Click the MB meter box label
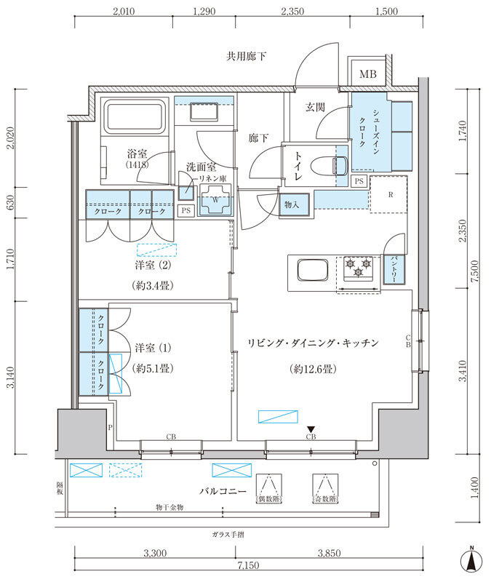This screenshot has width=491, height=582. (x=368, y=74)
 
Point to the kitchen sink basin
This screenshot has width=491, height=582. (x=313, y=271)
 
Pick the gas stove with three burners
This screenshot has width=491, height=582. (x=358, y=271)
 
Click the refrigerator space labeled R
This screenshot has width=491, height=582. (x=389, y=195)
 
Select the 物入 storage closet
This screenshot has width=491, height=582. (x=292, y=205)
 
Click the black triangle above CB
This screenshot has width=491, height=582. (x=311, y=429)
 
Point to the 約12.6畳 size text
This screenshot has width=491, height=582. (x=311, y=370)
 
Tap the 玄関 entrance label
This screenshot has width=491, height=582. (x=314, y=107)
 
